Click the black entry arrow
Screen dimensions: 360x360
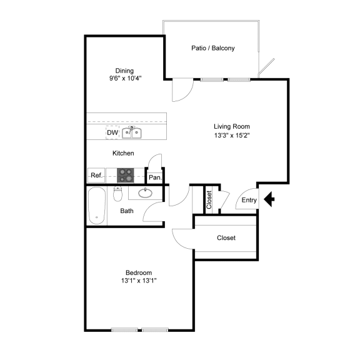[x=269, y=199]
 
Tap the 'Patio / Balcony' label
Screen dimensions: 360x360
[x=213, y=48]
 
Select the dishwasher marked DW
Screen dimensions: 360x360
[x=112, y=132]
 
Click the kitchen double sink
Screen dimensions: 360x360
[x=131, y=132]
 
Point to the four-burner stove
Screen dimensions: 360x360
[x=126, y=176]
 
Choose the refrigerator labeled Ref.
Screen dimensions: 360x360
[x=96, y=176]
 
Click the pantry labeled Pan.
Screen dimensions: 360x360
[x=155, y=177]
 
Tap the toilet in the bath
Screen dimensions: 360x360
[x=117, y=194]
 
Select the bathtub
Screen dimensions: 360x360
[x=97, y=206]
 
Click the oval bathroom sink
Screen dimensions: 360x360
[x=145, y=193]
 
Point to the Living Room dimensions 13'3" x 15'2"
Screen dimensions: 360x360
[x=232, y=135]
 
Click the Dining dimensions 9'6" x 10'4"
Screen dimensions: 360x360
[x=125, y=78]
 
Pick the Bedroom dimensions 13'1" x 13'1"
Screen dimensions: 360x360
[x=139, y=281]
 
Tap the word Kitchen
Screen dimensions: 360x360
[x=123, y=153]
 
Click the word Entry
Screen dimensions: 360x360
[x=249, y=200]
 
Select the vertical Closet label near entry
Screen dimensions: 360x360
[x=209, y=200]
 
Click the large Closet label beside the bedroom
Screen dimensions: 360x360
[x=226, y=237]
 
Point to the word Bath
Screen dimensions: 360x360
[x=127, y=211]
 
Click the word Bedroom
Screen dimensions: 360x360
[x=139, y=272]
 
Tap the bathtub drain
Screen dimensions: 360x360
[x=97, y=217]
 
